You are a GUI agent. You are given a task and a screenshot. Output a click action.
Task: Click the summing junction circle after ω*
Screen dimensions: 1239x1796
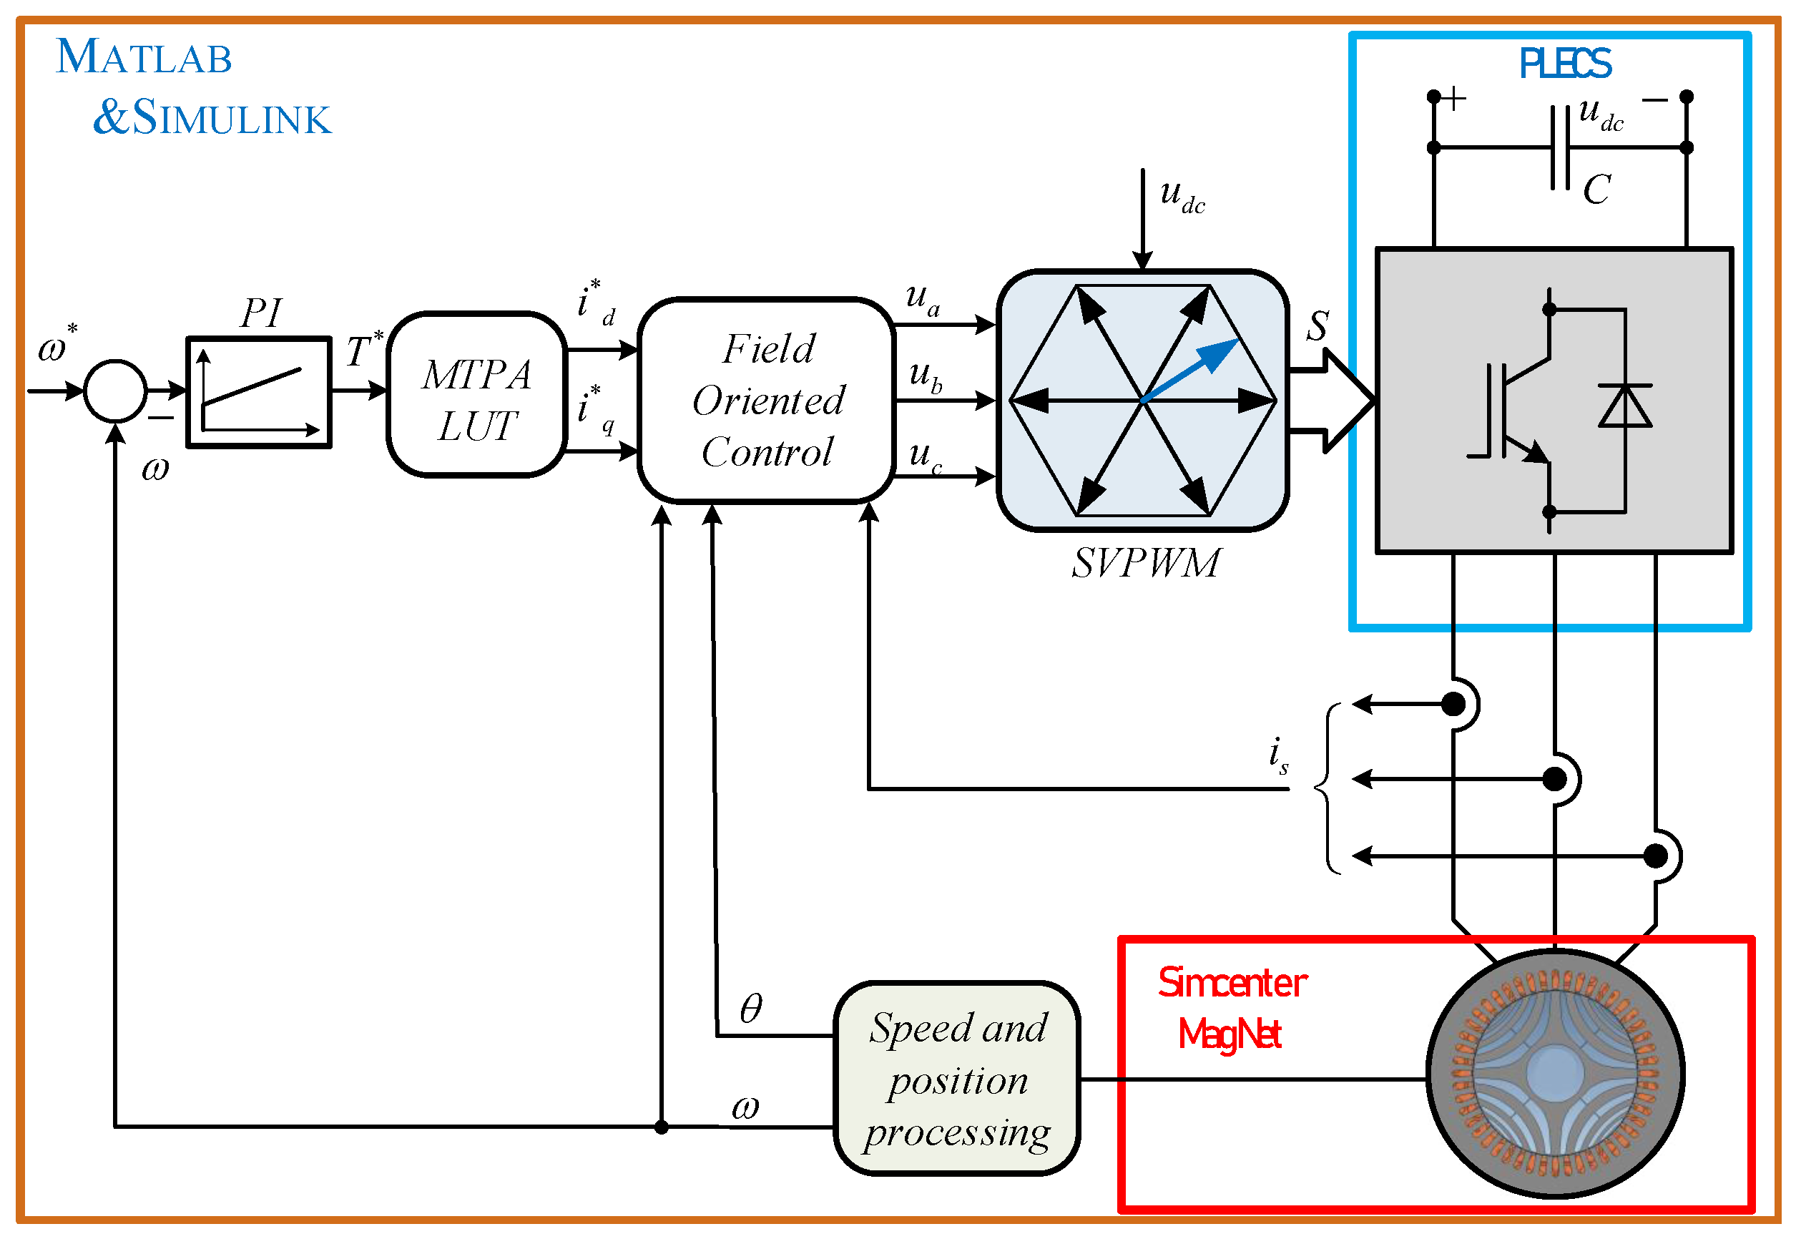115,391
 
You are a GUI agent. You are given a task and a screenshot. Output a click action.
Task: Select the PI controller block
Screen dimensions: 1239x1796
259,392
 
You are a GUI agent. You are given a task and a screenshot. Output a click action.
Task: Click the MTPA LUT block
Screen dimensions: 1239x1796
476,394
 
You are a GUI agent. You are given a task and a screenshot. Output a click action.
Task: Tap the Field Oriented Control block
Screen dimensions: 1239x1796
767,400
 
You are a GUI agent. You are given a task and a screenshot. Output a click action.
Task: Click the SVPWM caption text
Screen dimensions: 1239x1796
1146,563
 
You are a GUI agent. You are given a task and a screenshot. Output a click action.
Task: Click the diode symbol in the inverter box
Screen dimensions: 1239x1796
1624,406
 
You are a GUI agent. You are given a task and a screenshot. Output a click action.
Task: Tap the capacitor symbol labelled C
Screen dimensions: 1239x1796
1559,147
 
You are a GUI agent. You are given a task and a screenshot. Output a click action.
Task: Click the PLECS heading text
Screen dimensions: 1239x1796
1564,64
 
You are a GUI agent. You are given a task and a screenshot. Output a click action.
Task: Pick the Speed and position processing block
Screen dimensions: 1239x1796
956,1079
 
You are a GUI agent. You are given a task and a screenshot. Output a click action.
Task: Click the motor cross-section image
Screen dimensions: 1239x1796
1555,1074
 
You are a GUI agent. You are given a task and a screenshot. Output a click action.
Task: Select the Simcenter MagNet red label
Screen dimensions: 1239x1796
1231,1008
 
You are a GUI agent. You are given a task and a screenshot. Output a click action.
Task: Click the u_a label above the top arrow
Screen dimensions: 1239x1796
922,298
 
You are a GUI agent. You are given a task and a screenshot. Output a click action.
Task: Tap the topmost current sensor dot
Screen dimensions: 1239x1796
1453,704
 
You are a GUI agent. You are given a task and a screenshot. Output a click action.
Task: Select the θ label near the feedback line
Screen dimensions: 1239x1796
750,1009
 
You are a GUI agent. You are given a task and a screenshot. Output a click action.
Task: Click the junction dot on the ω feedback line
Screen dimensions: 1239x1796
662,1127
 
